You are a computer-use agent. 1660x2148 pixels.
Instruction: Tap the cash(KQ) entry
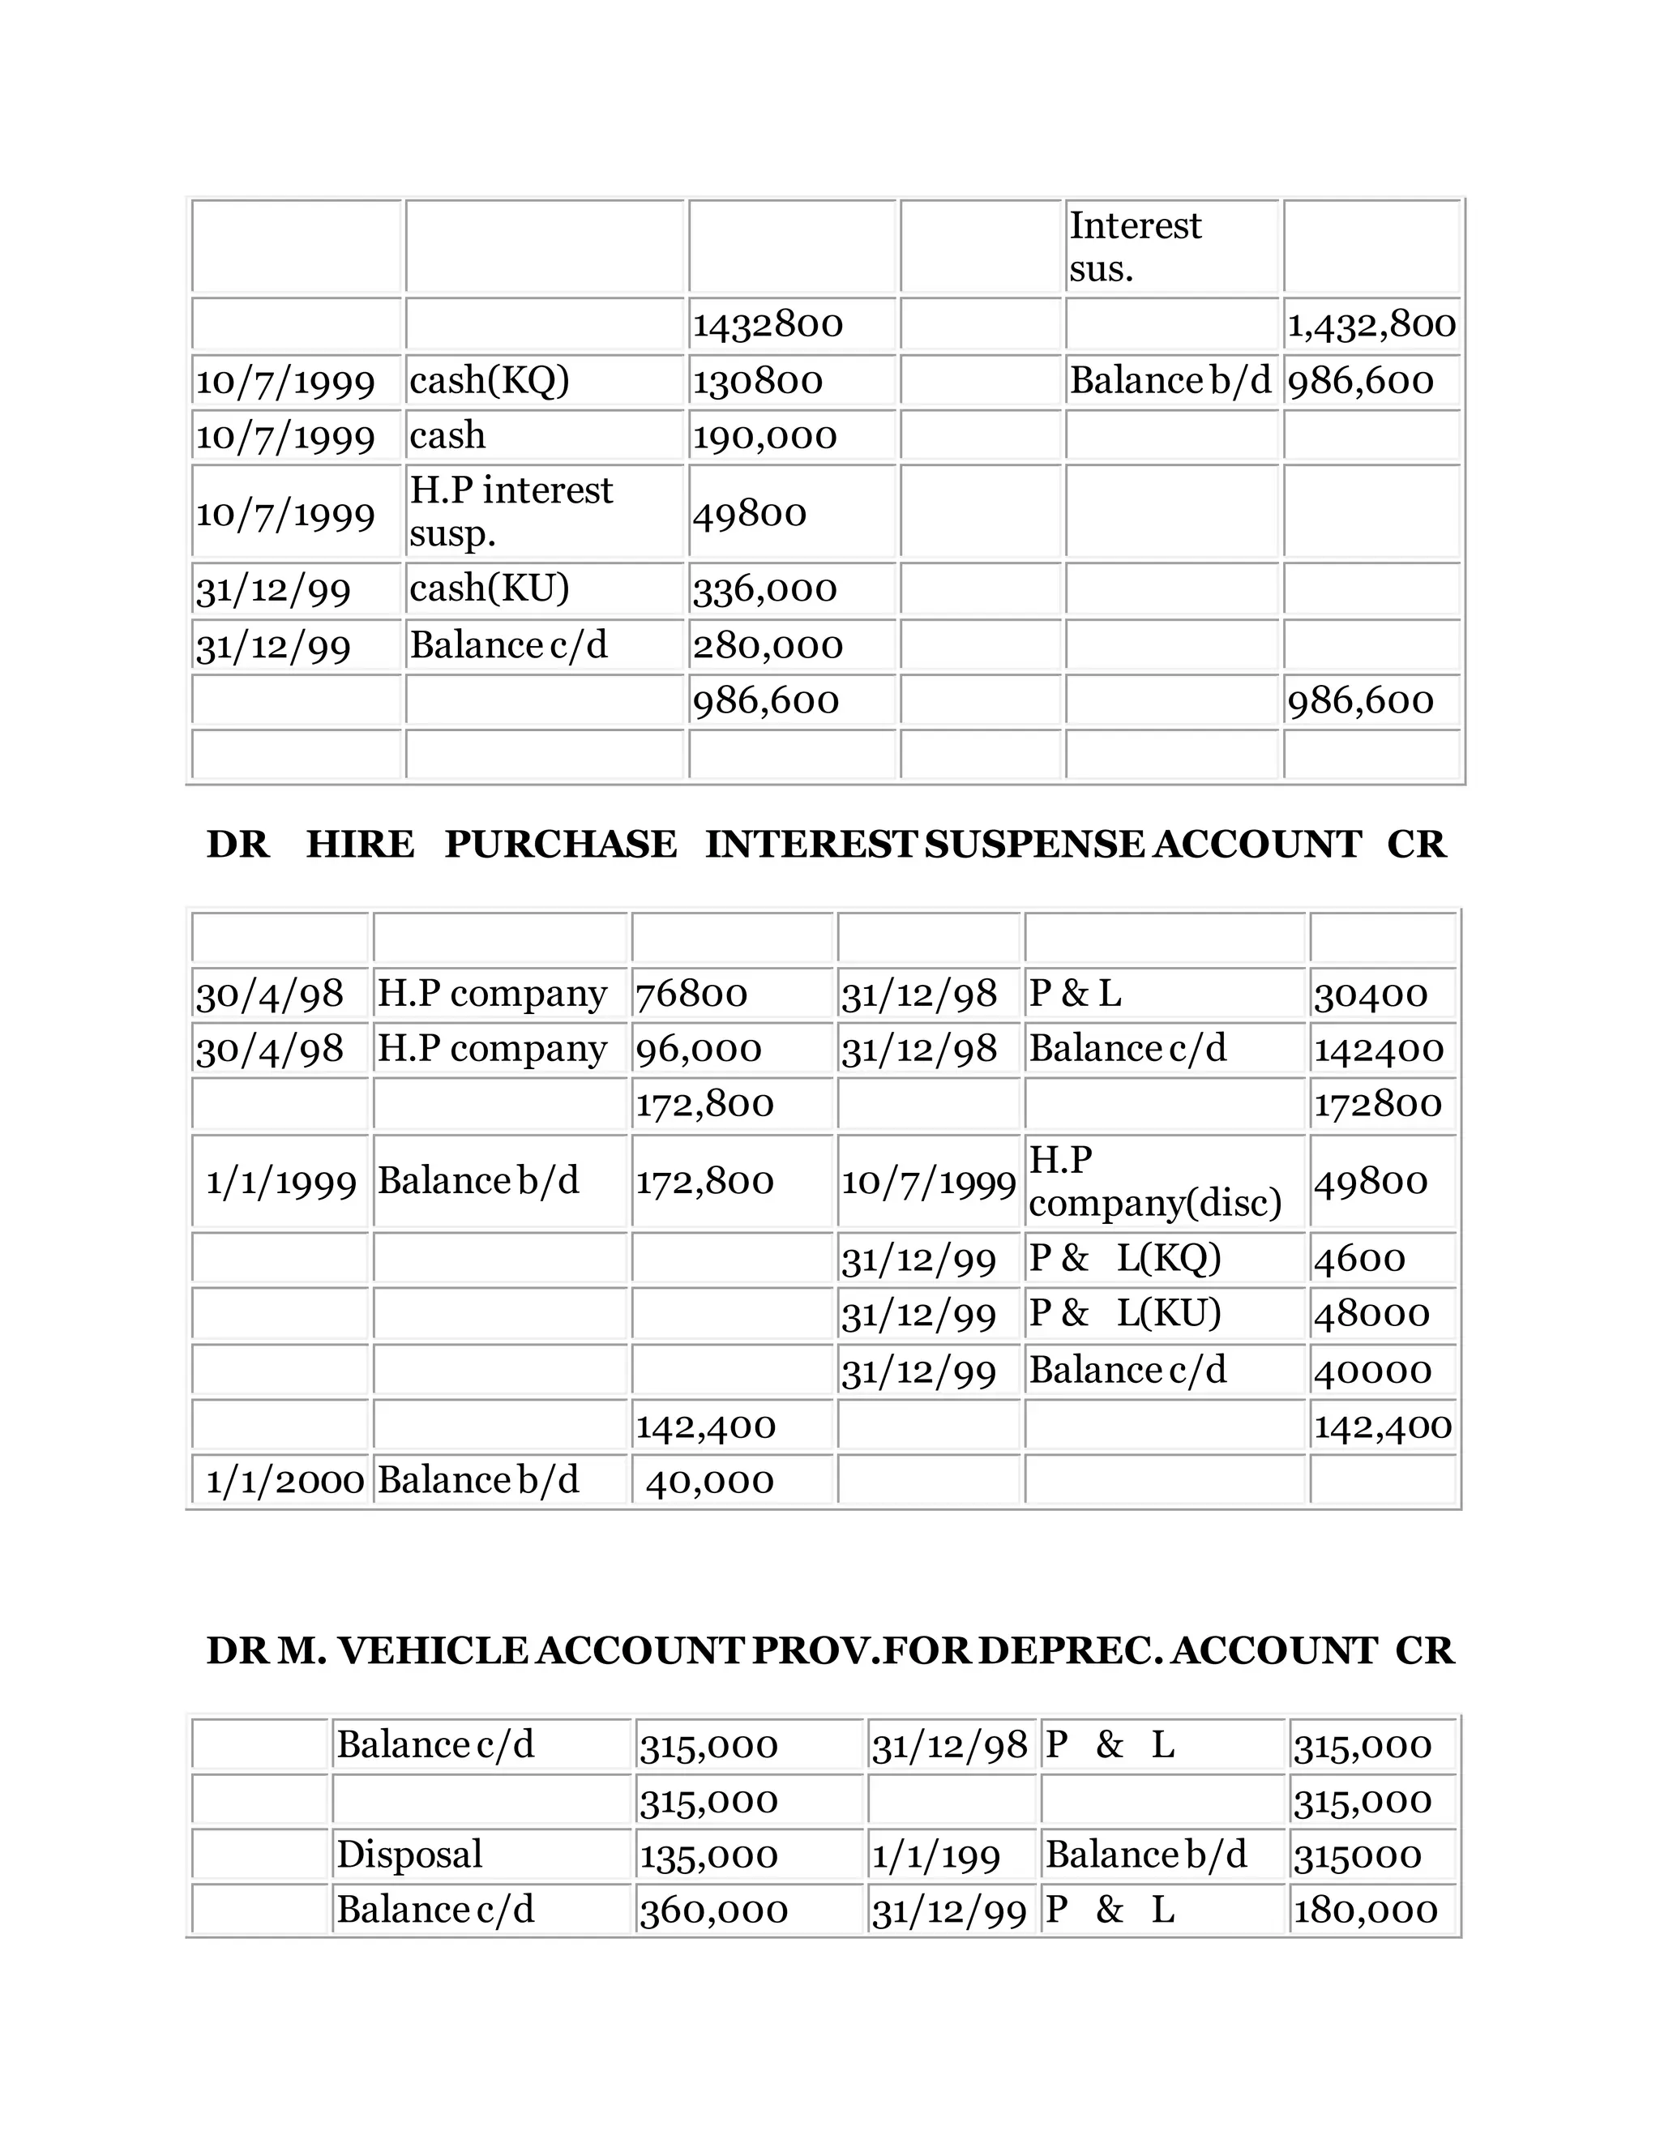489,381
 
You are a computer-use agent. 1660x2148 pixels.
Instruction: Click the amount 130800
757,381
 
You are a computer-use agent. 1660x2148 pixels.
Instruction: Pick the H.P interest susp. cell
511,511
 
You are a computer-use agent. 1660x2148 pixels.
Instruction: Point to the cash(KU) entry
489,588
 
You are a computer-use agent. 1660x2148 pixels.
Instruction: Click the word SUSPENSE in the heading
1034,845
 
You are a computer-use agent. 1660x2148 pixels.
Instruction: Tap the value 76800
691,995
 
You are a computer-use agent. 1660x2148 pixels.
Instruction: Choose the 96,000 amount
698,1050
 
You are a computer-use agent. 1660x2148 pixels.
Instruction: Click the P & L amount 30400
1371,995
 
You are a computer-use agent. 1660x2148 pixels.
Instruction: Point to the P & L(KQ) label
1124,1258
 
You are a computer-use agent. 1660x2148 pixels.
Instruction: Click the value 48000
1371,1314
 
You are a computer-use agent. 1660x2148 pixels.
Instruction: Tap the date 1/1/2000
285,1480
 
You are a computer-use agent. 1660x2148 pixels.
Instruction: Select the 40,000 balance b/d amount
709,1481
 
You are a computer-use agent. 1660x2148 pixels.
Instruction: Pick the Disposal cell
409,1855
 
